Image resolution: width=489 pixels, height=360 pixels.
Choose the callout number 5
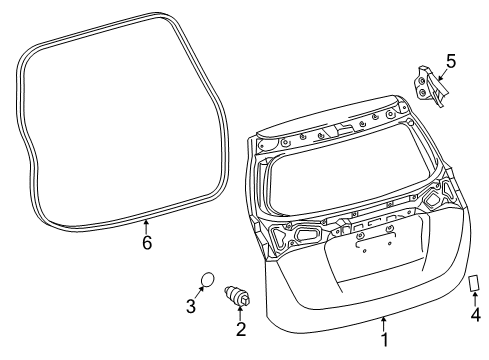point(450,62)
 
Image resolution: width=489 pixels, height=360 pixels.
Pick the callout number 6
point(146,243)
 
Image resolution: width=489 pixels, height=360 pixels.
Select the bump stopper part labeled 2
point(240,297)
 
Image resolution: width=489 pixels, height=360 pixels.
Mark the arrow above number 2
point(240,314)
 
